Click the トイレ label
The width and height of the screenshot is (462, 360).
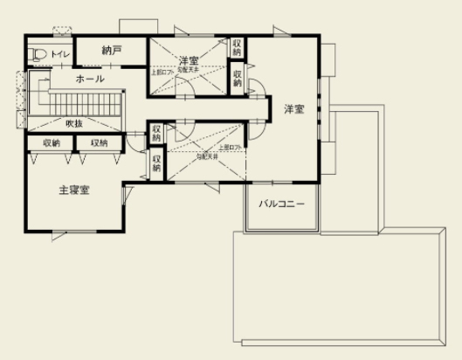[x=60, y=55]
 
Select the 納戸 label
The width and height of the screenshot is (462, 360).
[x=110, y=50]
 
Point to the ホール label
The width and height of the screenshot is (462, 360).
[x=91, y=79]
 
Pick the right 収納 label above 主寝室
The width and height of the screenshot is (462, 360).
[x=99, y=142]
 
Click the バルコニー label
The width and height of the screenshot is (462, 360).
[x=281, y=204]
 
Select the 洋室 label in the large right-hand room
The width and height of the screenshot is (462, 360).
[x=293, y=109]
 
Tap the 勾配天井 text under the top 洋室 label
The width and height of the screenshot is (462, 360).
[x=190, y=69]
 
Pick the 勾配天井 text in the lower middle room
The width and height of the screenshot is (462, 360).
[x=206, y=158]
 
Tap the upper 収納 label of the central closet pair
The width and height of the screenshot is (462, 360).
[x=156, y=134]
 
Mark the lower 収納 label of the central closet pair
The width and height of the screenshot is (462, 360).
[x=156, y=163]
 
